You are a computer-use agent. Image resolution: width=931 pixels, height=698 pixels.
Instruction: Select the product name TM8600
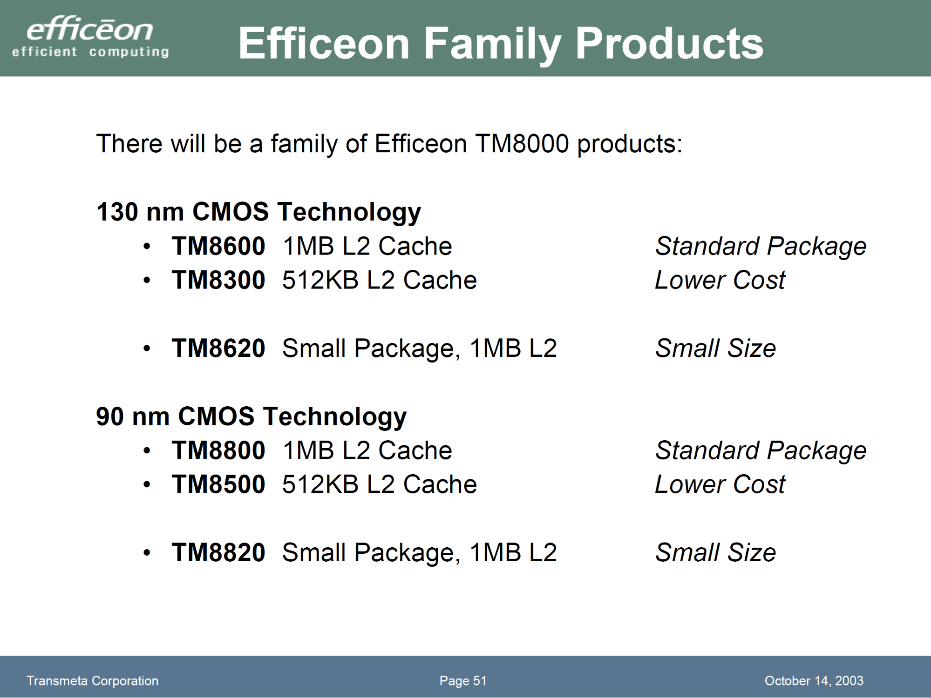pyautogui.click(x=218, y=246)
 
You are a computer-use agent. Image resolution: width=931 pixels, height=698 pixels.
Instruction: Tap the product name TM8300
pyautogui.click(x=218, y=280)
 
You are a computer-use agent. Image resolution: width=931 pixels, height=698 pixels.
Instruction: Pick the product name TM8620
pyautogui.click(x=218, y=348)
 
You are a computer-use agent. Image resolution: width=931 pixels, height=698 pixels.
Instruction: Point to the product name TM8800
pyautogui.click(x=218, y=450)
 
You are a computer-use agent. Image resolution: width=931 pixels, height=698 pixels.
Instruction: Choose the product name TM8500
pyautogui.click(x=218, y=484)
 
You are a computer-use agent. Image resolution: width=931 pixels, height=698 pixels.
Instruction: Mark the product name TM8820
pyautogui.click(x=218, y=552)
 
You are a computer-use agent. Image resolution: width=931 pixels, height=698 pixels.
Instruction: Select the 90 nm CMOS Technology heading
pyautogui.click(x=251, y=417)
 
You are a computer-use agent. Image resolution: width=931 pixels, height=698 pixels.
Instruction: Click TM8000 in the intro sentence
pyautogui.click(x=522, y=143)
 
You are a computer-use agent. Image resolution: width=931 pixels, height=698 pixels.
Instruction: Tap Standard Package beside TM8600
pyautogui.click(x=761, y=247)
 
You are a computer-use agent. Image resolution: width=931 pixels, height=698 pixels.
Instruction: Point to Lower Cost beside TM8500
pyautogui.click(x=720, y=484)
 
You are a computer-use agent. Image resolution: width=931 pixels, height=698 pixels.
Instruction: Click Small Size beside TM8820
pyautogui.click(x=715, y=552)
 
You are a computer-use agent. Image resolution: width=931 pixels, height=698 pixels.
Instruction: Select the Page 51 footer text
pyautogui.click(x=463, y=681)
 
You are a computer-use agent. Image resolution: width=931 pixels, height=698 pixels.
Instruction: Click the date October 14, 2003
pyautogui.click(x=814, y=681)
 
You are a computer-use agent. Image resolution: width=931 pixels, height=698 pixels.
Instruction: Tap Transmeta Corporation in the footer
pyautogui.click(x=92, y=681)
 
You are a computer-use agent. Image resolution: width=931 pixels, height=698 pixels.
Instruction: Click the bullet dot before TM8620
pyautogui.click(x=147, y=349)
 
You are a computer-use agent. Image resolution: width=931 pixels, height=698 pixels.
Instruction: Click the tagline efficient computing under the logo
pyautogui.click(x=90, y=52)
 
